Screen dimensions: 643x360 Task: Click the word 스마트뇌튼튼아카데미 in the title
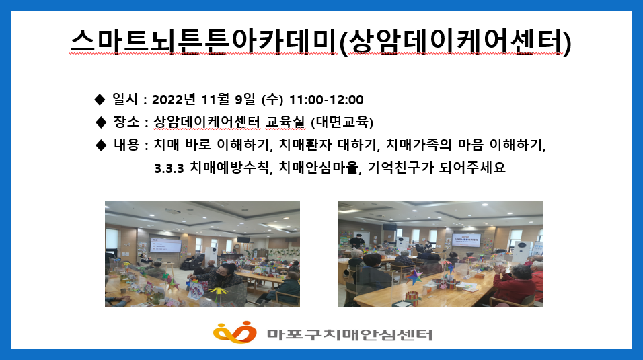tap(204, 41)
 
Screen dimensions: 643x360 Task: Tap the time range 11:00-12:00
tap(326, 100)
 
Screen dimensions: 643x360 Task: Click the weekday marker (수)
tap(272, 100)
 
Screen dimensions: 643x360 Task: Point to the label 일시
tap(125, 99)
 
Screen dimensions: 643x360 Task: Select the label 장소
tap(126, 122)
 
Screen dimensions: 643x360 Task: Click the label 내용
tap(126, 145)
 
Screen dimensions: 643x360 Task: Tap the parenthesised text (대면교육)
tap(342, 122)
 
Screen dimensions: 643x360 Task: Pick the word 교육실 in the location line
tap(285, 122)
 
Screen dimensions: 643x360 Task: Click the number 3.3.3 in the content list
tap(169, 168)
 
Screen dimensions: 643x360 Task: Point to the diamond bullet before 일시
tap(100, 100)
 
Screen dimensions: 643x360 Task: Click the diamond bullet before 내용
tap(100, 145)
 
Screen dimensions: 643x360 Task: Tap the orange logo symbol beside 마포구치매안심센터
tap(235, 332)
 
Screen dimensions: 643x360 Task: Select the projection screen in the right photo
tap(467, 240)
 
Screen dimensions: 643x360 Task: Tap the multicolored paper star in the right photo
tap(414, 277)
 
